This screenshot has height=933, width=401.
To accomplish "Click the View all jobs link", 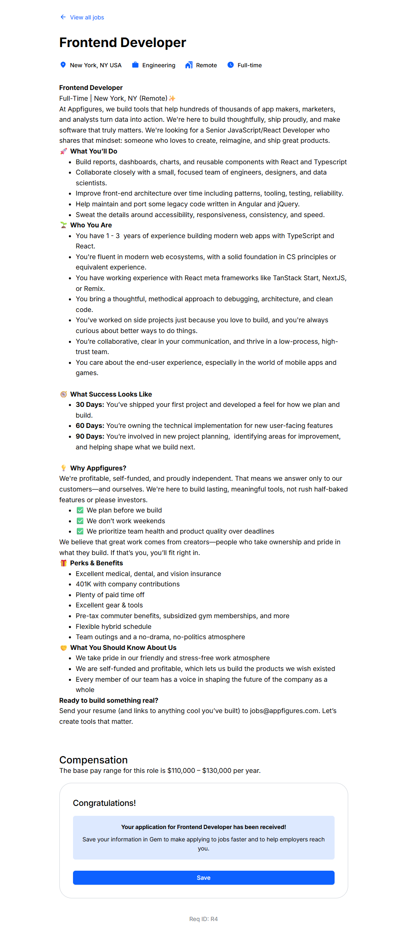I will [87, 17].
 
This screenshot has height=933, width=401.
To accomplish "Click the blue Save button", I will [203, 878].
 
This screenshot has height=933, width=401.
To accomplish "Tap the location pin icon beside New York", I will [63, 65].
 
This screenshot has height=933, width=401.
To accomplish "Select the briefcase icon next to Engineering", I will [135, 65].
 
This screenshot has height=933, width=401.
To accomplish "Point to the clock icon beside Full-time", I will [231, 65].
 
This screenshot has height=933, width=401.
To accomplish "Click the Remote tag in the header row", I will [206, 65].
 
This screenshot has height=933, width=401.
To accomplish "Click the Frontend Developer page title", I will [123, 43].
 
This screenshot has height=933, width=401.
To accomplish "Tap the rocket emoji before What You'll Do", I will [64, 151].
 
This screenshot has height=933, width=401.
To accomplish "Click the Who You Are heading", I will [91, 225].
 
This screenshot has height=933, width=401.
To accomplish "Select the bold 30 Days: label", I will [90, 404].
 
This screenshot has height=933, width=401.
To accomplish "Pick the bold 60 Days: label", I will [90, 425].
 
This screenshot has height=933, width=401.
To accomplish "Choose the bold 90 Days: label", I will [90, 436].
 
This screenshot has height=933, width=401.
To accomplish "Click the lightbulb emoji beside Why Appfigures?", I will [64, 468].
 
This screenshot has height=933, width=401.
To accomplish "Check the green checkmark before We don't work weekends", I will [80, 521].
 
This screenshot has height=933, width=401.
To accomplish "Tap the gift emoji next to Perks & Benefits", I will [64, 563].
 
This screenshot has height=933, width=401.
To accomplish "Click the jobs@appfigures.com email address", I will [284, 711].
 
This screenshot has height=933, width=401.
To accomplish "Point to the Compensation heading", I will [94, 760].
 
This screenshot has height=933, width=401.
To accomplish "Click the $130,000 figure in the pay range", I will [217, 770].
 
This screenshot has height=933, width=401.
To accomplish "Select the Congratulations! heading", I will [104, 803].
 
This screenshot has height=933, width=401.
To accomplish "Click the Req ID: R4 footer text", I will [203, 919].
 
